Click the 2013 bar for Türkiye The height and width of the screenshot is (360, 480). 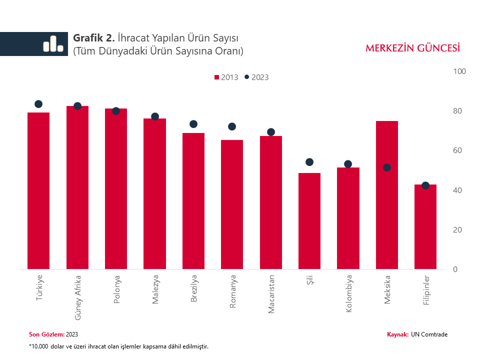[x=38, y=190]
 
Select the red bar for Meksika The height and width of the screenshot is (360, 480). [x=387, y=195]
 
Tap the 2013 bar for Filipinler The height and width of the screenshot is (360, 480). [x=425, y=226]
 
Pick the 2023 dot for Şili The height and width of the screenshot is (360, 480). [x=309, y=162]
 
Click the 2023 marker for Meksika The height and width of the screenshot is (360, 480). [x=387, y=167]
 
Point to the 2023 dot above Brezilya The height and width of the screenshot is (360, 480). [x=193, y=124]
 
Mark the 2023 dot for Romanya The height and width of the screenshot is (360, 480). [x=232, y=126]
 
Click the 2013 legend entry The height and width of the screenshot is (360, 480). [x=226, y=77]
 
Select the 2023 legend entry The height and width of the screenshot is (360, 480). [x=256, y=77]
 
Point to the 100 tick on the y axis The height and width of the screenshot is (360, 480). [x=459, y=71]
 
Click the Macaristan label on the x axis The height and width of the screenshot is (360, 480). [x=271, y=294]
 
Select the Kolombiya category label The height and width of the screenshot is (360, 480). [x=348, y=294]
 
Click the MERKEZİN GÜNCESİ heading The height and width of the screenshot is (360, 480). [x=412, y=48]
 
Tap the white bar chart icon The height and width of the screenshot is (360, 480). [x=53, y=44]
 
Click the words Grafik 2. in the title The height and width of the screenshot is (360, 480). [x=94, y=38]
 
